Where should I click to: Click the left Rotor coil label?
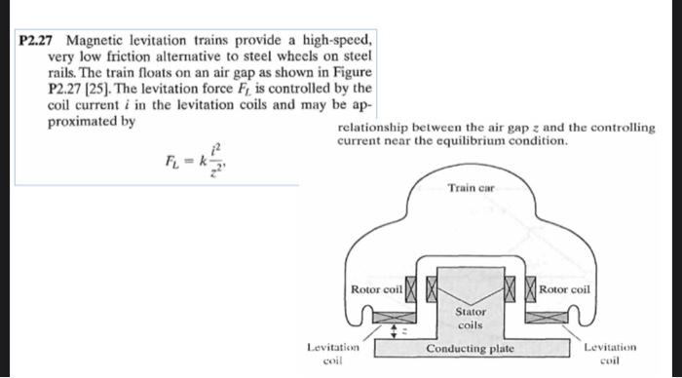coord(375,289)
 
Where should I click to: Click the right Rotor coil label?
coord(564,289)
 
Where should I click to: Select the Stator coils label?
coord(471,318)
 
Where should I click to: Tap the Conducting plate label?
coord(472,349)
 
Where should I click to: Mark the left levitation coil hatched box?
coord(398,318)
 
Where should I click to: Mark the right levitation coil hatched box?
coord(546,318)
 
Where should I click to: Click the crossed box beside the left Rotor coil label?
coord(411,289)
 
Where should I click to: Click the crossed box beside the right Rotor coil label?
coord(531,289)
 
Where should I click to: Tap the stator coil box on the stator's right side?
coord(512,289)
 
